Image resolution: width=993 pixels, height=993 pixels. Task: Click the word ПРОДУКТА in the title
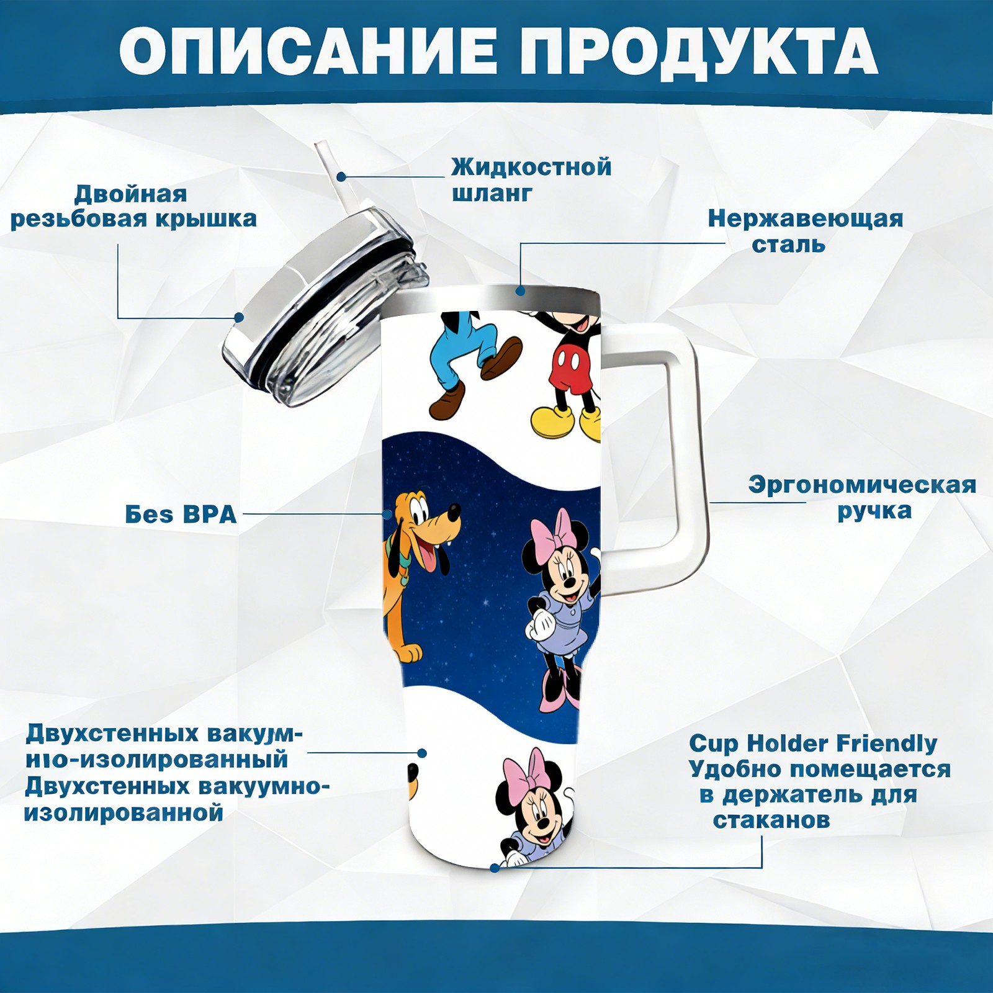(x=699, y=53)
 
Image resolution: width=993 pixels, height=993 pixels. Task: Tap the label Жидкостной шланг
(x=531, y=180)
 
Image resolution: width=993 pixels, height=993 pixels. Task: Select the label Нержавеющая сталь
(x=806, y=231)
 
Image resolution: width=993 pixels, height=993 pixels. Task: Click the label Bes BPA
(x=181, y=514)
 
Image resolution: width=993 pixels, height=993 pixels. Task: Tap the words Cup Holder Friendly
(x=813, y=743)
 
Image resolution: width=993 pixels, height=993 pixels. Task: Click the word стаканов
(x=771, y=820)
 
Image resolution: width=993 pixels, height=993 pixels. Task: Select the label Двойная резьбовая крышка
(x=133, y=206)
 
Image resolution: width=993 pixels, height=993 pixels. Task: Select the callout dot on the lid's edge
(x=239, y=318)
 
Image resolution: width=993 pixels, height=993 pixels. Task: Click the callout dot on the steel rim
(x=520, y=290)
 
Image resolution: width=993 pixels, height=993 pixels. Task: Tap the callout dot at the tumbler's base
(x=495, y=867)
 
